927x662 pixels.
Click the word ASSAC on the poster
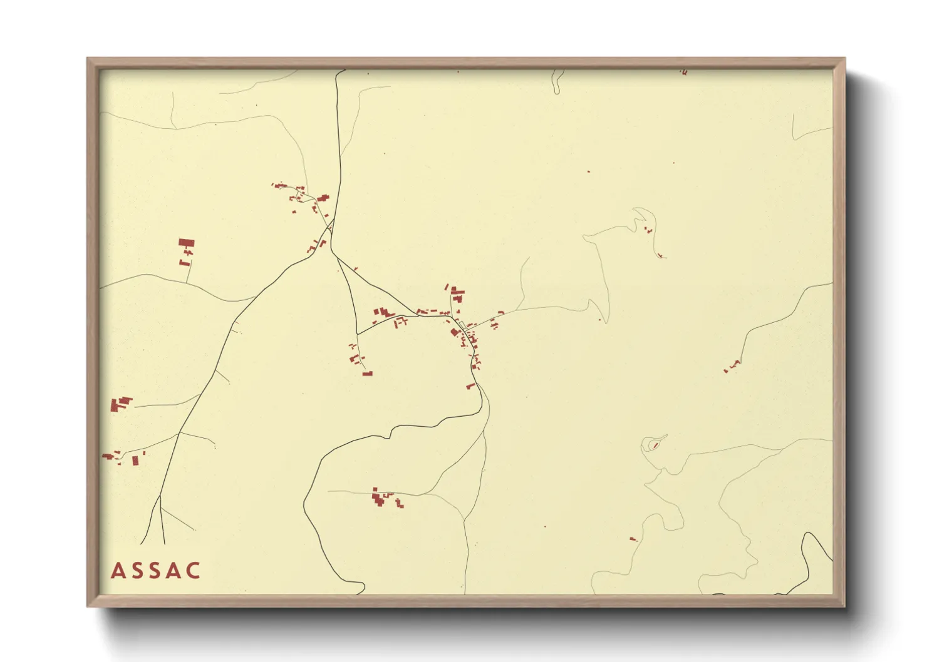pyautogui.click(x=156, y=571)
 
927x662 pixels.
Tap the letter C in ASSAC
pyautogui.click(x=194, y=571)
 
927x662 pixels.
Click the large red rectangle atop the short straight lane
pyautogui.click(x=187, y=243)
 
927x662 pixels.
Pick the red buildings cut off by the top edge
pyautogui.click(x=684, y=73)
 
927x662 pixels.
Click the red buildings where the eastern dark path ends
pyautogui.click(x=732, y=365)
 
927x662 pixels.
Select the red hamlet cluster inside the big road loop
pyautogui.click(x=382, y=499)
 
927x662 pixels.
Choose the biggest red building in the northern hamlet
pyautogui.click(x=323, y=198)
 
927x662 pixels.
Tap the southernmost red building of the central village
pyautogui.click(x=471, y=385)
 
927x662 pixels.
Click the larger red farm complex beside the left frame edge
pyautogui.click(x=121, y=404)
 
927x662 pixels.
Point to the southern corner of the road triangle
pyautogui.click(x=357, y=333)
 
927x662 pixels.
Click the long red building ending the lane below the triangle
pyautogui.click(x=368, y=374)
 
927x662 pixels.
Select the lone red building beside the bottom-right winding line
pyautogui.click(x=633, y=538)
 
